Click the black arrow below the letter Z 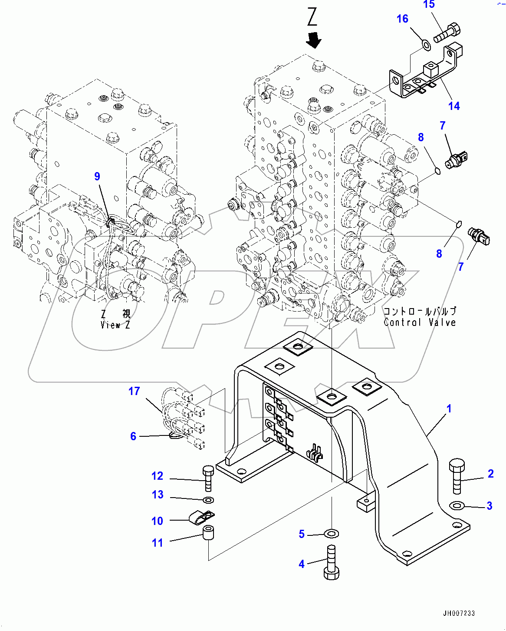pos(313,40)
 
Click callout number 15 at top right pos(429,5)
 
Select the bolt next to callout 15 pos(447,32)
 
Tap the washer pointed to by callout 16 pos(426,44)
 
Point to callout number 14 pos(454,106)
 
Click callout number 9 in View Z pos(97,176)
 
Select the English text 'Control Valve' pos(420,322)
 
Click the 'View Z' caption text pos(115,325)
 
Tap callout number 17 pos(134,391)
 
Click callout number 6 pos(133,436)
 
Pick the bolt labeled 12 pos(208,478)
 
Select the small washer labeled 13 pos(208,499)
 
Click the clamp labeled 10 pos(202,517)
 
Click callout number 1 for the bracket pos(449,408)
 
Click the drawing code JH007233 pos(459,613)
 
